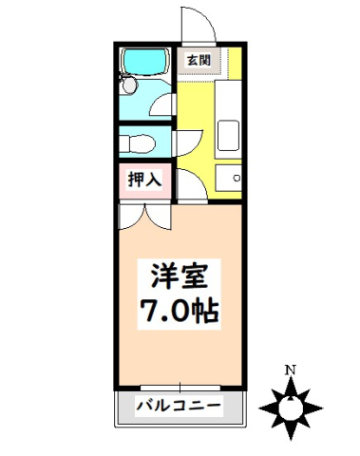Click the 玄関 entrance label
(199, 62)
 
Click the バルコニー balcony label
(178, 406)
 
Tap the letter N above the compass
(293, 369)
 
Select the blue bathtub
(143, 63)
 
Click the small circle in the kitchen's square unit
(237, 178)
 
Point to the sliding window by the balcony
(179, 389)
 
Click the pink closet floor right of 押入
(166, 180)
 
